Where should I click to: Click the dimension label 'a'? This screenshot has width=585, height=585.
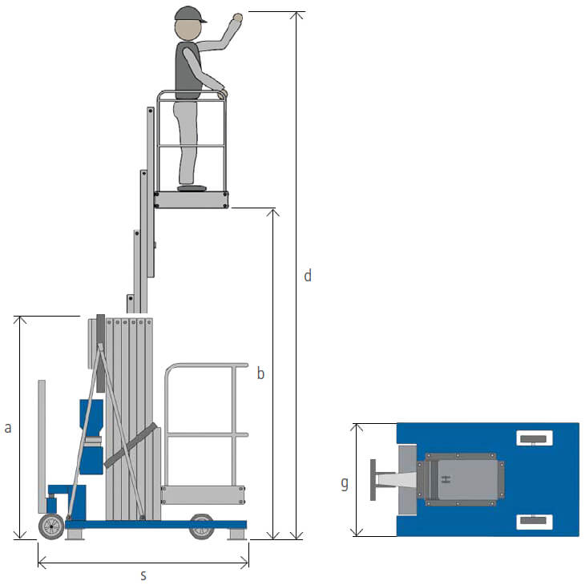point(8,428)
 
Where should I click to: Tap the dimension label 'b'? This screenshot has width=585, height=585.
point(260,373)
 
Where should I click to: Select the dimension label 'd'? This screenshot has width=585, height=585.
point(308,276)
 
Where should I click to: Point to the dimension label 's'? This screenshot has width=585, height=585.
point(143,575)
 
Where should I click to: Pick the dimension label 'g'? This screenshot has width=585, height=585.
point(345,483)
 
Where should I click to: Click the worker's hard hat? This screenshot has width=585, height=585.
point(190,14)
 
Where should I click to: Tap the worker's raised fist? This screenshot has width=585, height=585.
point(237,17)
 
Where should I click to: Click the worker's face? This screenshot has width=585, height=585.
point(188,30)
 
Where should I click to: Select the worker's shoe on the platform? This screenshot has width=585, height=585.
point(192,188)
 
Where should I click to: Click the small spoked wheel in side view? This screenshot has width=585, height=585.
point(51,526)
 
